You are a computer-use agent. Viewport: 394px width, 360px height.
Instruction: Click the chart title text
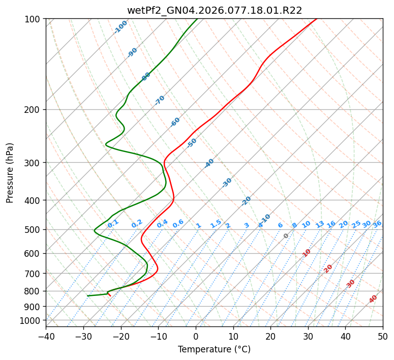pyautogui.click(x=214, y=10)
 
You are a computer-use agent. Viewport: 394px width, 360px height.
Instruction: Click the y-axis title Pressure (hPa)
pyautogui.click(x=10, y=173)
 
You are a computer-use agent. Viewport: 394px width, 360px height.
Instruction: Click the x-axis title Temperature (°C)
pyautogui.click(x=214, y=349)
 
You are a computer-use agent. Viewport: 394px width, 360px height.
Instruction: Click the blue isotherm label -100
pyautogui.click(x=120, y=27)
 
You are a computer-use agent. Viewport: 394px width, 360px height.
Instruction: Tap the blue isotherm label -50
pyautogui.click(x=192, y=143)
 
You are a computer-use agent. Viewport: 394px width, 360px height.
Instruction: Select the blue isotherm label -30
pyautogui.click(x=227, y=183)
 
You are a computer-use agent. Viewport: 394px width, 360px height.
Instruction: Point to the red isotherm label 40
pyautogui.click(x=373, y=299)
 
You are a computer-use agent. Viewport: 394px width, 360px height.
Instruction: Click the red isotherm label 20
pyautogui.click(x=328, y=268)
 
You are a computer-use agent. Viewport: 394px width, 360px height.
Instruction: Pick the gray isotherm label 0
pyautogui.click(x=286, y=236)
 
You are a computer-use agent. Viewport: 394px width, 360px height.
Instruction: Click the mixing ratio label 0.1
pyautogui.click(x=113, y=223)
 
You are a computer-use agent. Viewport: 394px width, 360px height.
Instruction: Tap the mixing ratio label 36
pyautogui.click(x=377, y=224)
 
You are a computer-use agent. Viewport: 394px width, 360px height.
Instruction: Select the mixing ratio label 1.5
pyautogui.click(x=216, y=223)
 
